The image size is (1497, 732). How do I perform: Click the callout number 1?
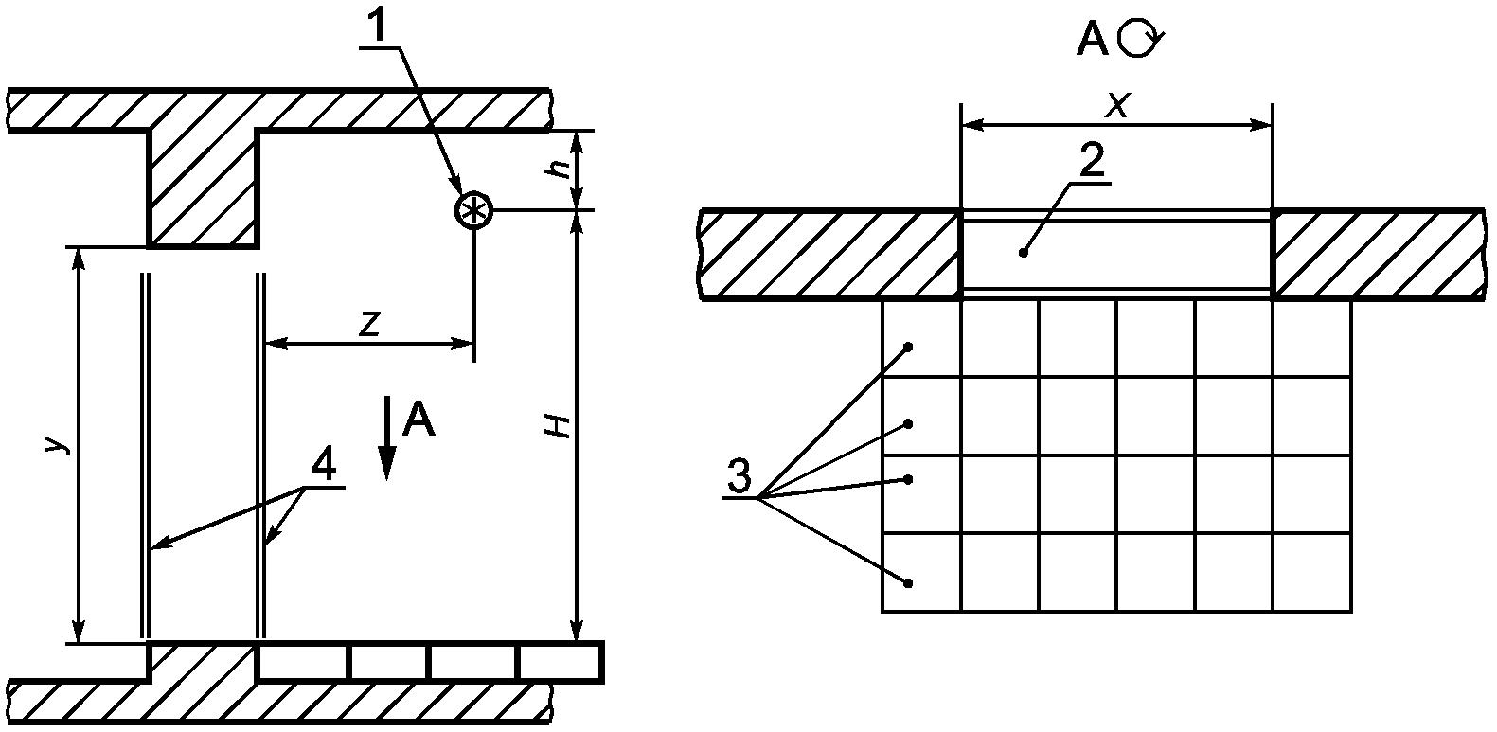click(379, 26)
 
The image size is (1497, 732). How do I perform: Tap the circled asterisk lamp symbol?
click(473, 211)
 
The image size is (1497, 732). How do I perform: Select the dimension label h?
click(560, 170)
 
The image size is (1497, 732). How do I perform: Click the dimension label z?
click(369, 324)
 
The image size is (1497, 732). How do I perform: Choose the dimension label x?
click(1116, 105)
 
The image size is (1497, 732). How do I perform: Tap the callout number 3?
click(739, 475)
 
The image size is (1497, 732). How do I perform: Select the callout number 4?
click(322, 464)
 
